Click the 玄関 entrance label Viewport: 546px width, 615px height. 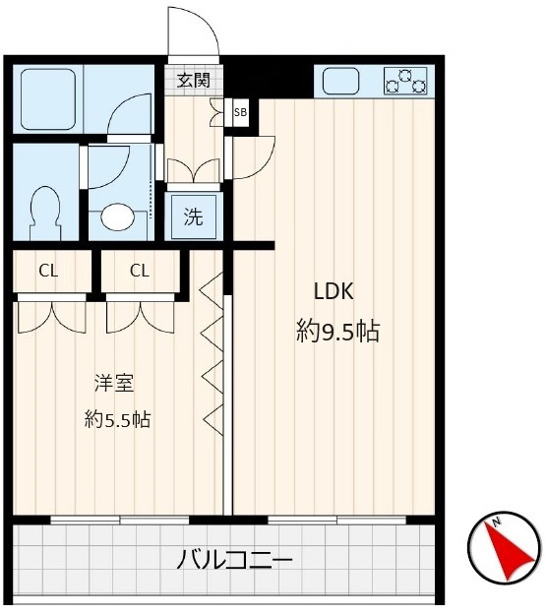pyautogui.click(x=194, y=81)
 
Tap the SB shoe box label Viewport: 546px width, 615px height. pyautogui.click(x=240, y=112)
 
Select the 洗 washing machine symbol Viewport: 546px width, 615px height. pyautogui.click(x=194, y=216)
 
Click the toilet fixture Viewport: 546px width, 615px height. pyautogui.click(x=44, y=210)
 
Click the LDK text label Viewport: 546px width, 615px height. pyautogui.click(x=333, y=291)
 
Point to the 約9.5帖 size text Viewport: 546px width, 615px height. pyautogui.click(x=338, y=332)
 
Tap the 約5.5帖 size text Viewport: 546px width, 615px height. pyautogui.click(x=117, y=419)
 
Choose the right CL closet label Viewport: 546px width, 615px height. pyautogui.click(x=140, y=271)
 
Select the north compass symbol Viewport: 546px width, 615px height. pyautogui.click(x=504, y=547)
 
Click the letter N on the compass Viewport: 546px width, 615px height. pyautogui.click(x=498, y=522)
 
